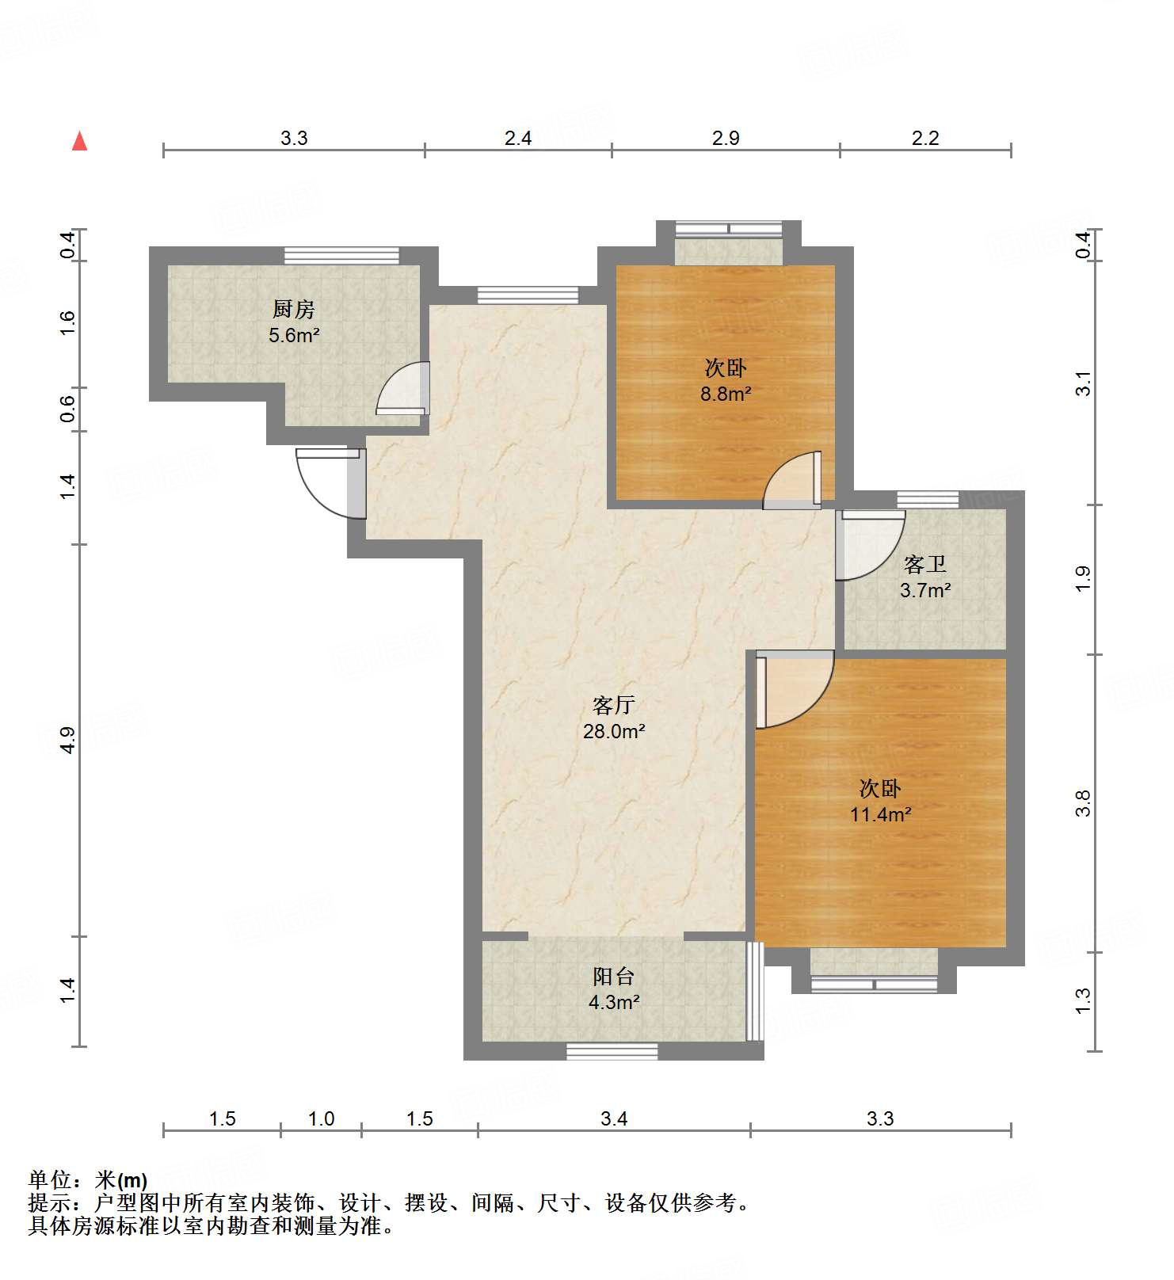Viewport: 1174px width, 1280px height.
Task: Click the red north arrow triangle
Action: tap(79, 142)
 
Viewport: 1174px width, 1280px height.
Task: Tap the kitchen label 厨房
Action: tap(294, 310)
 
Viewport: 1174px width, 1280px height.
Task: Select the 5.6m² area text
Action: tap(294, 335)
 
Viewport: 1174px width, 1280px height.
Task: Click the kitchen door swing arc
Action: tap(401, 388)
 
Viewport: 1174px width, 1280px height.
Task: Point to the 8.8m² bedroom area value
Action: tap(725, 394)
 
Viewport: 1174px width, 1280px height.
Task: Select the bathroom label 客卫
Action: tap(924, 565)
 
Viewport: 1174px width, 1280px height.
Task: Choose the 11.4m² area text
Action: tap(880, 814)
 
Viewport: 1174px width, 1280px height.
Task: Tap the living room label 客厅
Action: tap(614, 705)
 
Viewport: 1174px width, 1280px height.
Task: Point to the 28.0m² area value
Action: tap(614, 731)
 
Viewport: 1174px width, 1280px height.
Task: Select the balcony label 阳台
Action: tap(614, 977)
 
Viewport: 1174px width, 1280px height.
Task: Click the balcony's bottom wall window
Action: tap(612, 1052)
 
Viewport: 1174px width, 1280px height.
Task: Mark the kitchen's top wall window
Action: tap(341, 255)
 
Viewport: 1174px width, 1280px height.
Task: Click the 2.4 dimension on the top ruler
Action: tap(518, 139)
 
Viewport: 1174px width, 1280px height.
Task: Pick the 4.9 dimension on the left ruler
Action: tap(67, 739)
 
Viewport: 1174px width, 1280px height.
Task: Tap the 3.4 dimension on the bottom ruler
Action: tap(614, 1118)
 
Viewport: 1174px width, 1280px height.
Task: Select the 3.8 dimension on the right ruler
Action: tap(1084, 803)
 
